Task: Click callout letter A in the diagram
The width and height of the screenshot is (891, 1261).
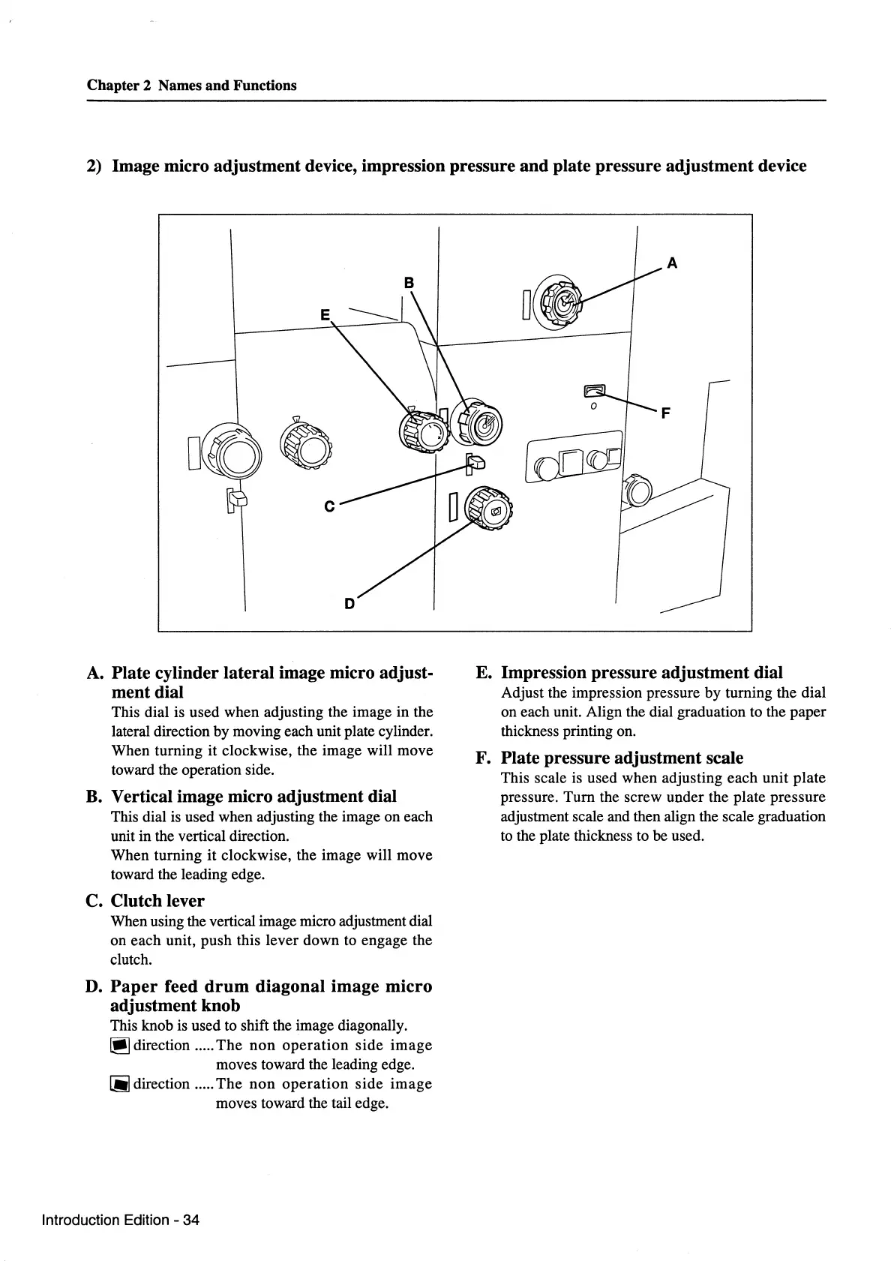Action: (x=672, y=263)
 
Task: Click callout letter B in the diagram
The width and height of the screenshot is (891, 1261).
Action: (x=409, y=283)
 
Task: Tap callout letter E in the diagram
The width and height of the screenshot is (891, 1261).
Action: (x=325, y=316)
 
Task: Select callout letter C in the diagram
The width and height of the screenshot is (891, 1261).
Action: (x=328, y=507)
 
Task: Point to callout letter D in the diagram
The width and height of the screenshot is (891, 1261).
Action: (x=349, y=603)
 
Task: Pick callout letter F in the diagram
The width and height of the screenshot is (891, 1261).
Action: (x=665, y=413)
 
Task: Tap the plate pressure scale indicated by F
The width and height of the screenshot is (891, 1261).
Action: (x=595, y=390)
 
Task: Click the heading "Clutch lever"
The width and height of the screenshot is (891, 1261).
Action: (x=157, y=901)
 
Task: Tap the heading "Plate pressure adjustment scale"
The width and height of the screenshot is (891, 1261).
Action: (x=622, y=758)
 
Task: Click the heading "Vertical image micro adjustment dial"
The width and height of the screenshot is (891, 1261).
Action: (x=253, y=796)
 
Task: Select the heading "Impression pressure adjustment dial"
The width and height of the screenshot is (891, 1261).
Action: (x=641, y=672)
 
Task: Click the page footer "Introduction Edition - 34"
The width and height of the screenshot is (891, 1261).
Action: (x=121, y=1219)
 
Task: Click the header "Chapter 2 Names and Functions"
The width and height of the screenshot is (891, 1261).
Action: (x=191, y=86)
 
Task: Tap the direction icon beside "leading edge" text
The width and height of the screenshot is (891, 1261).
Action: (x=120, y=1046)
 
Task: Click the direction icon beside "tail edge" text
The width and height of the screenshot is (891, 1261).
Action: (x=120, y=1084)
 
